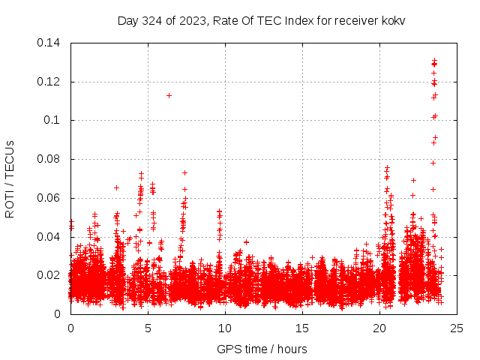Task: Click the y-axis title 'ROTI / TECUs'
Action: tap(10, 179)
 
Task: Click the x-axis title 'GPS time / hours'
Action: tap(262, 349)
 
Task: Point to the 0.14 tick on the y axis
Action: tap(51, 43)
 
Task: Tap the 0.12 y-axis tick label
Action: tap(51, 82)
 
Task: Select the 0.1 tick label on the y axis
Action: tap(54, 121)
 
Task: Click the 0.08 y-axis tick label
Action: tap(51, 160)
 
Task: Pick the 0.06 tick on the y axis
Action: tap(51, 199)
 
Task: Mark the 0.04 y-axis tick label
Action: tap(51, 237)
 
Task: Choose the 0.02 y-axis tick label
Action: tap(51, 276)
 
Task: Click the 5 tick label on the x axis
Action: tap(148, 328)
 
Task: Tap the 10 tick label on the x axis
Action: tap(225, 328)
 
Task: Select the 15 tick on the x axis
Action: tap(302, 328)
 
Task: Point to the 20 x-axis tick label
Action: tap(379, 328)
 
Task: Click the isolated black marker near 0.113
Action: tap(169, 95)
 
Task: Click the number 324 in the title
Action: tap(152, 20)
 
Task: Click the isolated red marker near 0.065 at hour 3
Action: tap(116, 187)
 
